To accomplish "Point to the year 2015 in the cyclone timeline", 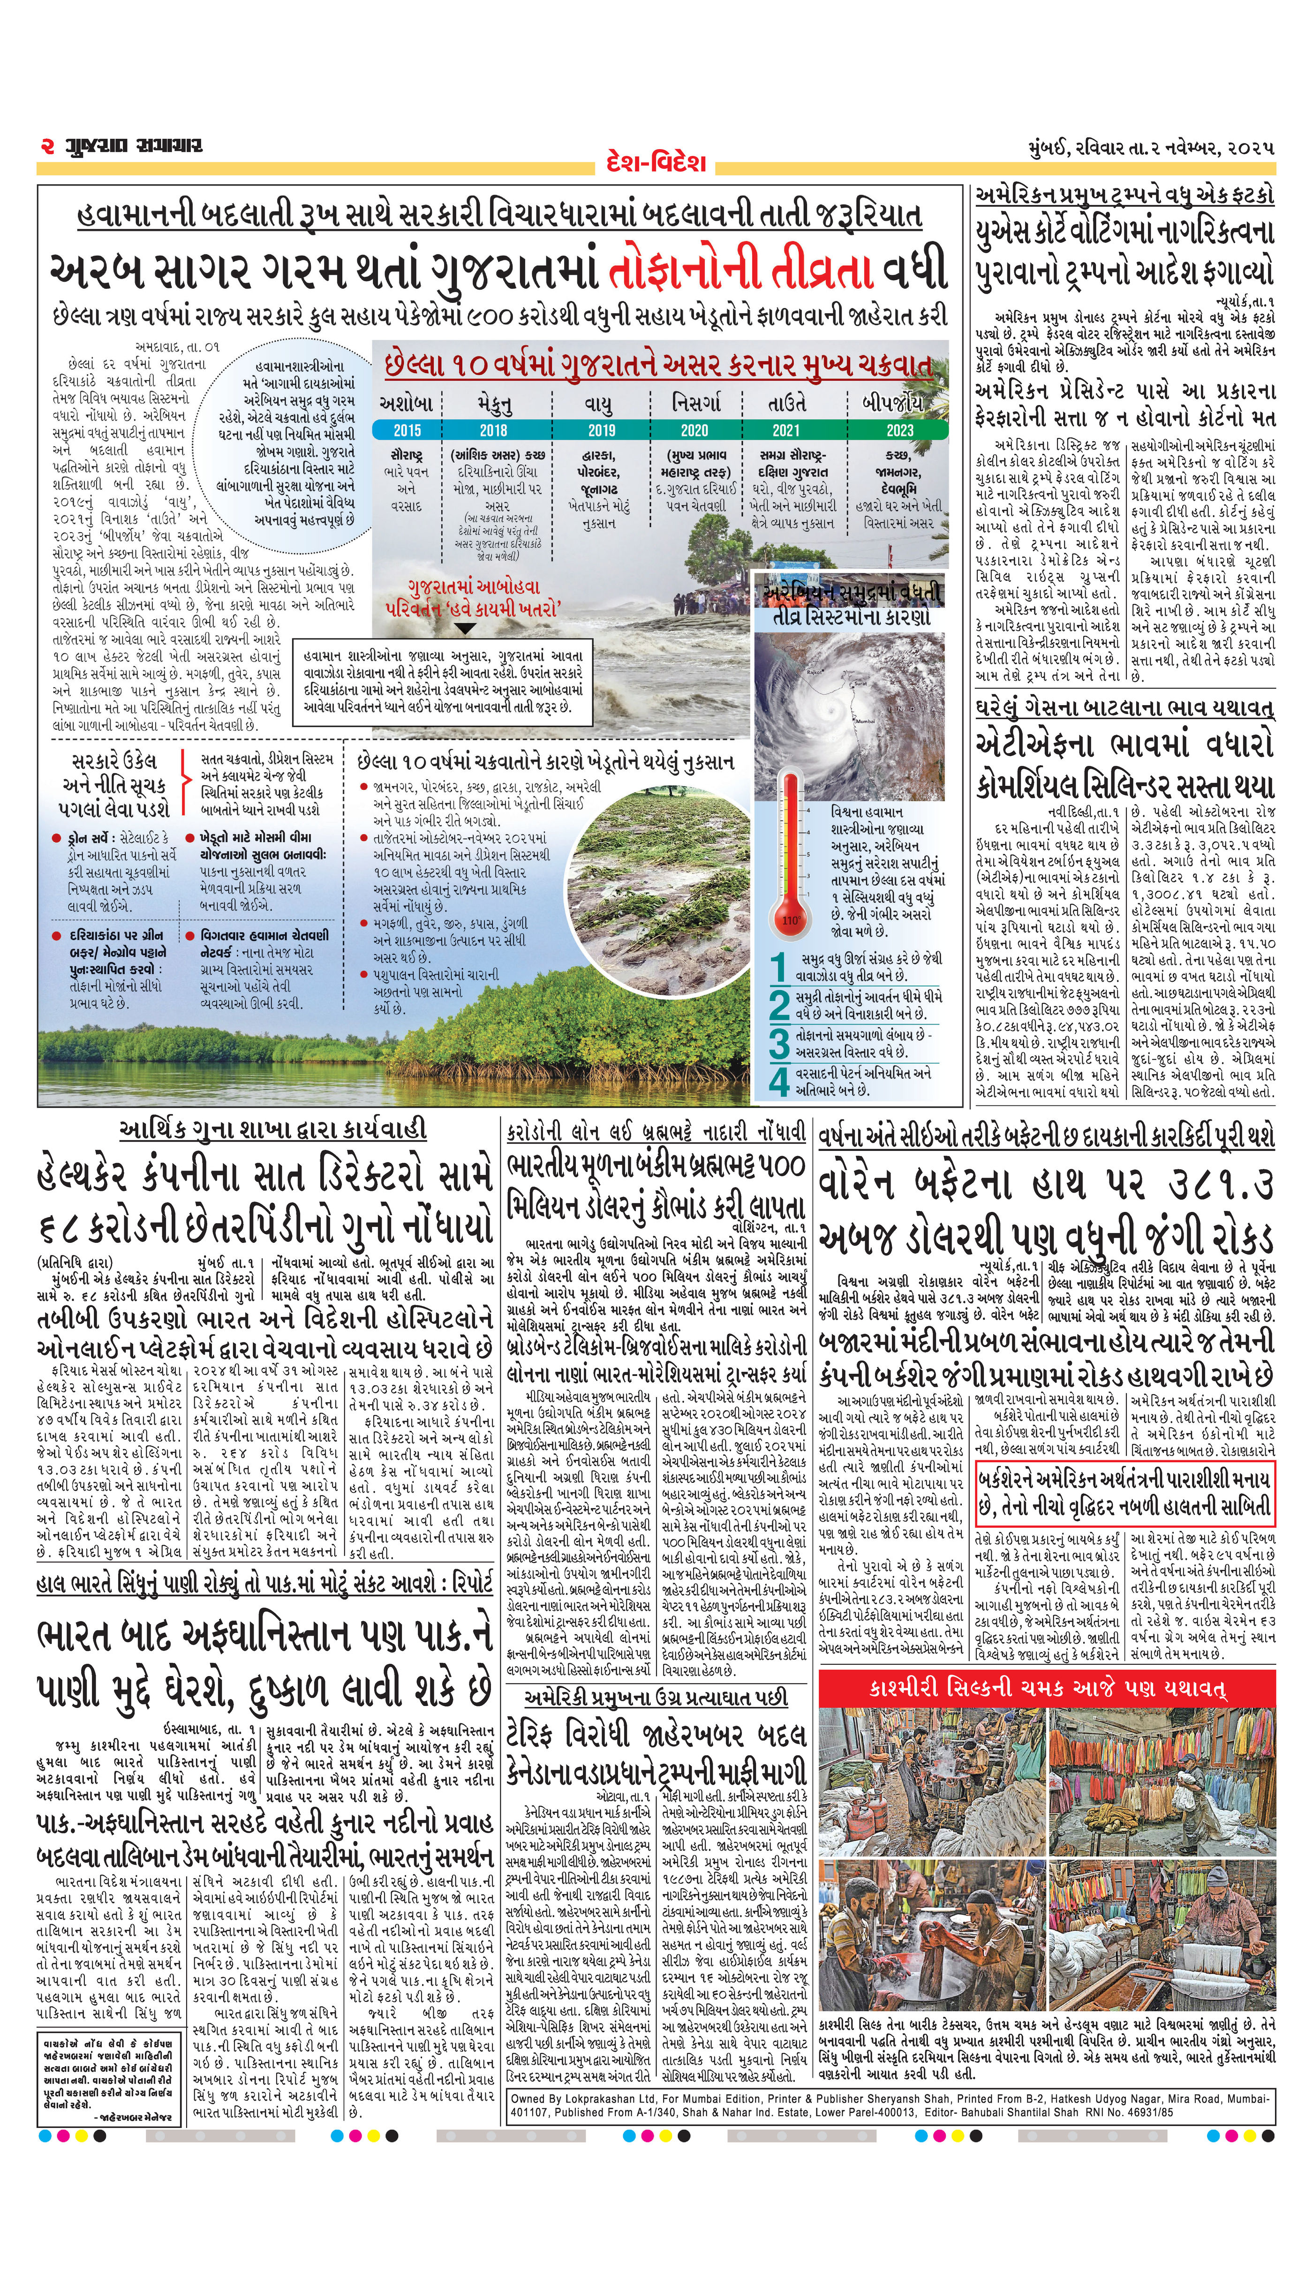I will (407, 431).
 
